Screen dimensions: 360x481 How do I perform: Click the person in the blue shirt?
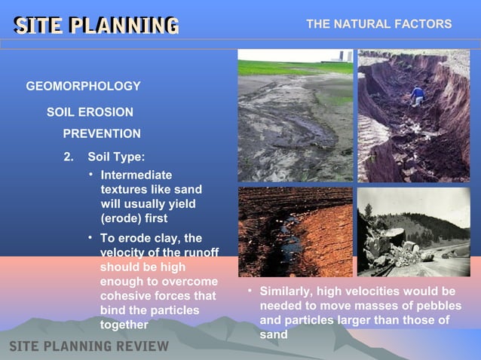[417, 96]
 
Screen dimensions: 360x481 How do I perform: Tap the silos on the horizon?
[343, 56]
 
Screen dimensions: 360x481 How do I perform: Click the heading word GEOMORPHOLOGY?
[83, 87]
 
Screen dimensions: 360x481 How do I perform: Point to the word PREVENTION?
[101, 134]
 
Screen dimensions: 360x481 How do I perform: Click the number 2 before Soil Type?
[68, 157]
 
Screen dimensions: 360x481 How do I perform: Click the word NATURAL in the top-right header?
[360, 24]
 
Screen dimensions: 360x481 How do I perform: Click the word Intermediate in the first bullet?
[136, 175]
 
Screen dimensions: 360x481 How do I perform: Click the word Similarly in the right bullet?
[286, 291]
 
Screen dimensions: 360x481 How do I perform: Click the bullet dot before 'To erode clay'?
[90, 238]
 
